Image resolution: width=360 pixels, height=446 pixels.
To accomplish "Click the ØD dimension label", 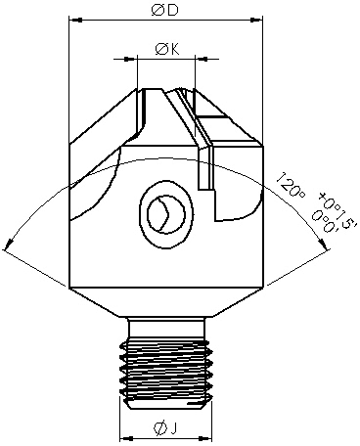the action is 165,10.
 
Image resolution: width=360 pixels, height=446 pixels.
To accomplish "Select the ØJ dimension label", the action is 165,428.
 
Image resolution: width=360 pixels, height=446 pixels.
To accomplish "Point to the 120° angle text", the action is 290,186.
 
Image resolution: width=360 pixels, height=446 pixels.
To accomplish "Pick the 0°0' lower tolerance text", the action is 326,222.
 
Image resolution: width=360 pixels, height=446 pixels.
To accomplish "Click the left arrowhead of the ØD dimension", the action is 74,21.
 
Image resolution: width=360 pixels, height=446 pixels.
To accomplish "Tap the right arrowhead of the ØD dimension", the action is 256,21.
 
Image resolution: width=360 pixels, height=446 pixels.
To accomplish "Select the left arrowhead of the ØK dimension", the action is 130,59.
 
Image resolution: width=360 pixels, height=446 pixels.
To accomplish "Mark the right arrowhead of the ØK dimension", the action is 202,59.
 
